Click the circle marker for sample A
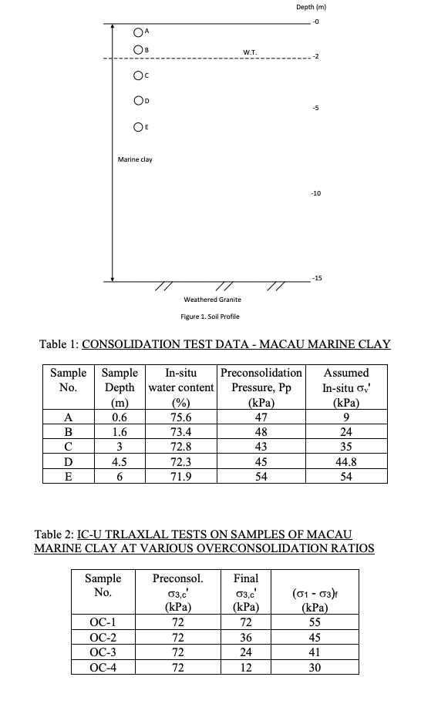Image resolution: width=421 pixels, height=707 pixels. click(137, 32)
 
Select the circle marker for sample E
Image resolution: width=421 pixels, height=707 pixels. click(137, 127)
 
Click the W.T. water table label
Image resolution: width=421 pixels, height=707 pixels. click(250, 52)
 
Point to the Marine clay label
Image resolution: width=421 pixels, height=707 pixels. click(135, 159)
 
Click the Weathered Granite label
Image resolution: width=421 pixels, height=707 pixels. click(212, 299)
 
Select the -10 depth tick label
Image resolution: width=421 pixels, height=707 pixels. click(316, 193)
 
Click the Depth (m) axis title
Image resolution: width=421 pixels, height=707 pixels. click(312, 8)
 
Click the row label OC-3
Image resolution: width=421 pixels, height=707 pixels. click(103, 652)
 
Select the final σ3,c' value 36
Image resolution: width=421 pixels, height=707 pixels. click(245, 637)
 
